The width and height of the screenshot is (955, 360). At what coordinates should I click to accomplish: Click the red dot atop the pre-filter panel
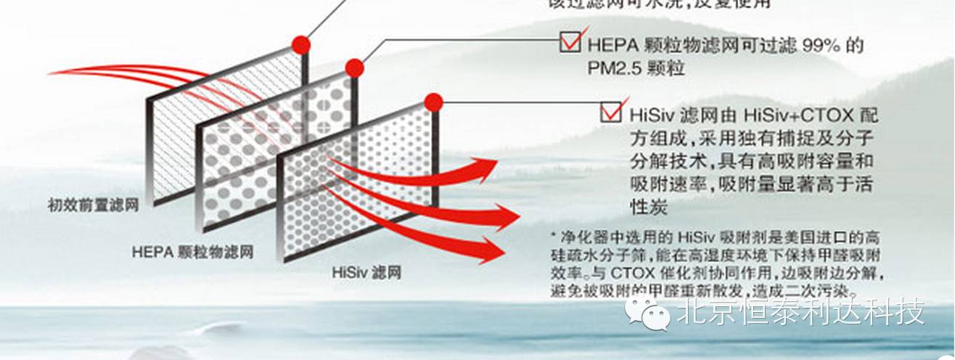click(x=301, y=45)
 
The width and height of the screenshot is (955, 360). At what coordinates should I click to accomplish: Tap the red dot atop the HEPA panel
click(x=355, y=68)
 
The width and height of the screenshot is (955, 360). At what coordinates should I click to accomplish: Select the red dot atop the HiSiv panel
click(x=433, y=102)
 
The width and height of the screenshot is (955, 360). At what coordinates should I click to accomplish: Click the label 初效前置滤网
click(x=92, y=205)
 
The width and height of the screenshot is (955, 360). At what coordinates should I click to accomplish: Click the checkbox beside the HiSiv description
click(x=611, y=112)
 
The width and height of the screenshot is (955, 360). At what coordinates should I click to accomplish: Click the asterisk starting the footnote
click(x=554, y=237)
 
